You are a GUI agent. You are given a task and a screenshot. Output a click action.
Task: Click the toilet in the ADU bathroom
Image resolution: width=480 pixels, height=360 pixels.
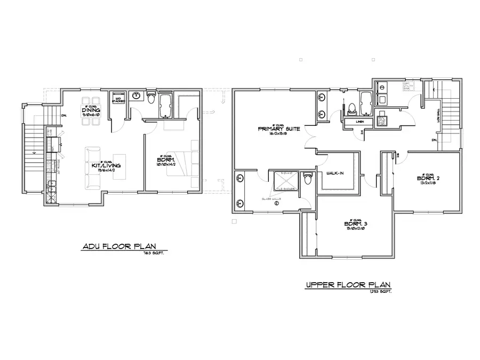pyautogui.click(x=151, y=99)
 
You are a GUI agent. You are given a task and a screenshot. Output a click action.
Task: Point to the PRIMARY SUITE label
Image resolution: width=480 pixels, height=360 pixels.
pyautogui.click(x=278, y=129)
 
